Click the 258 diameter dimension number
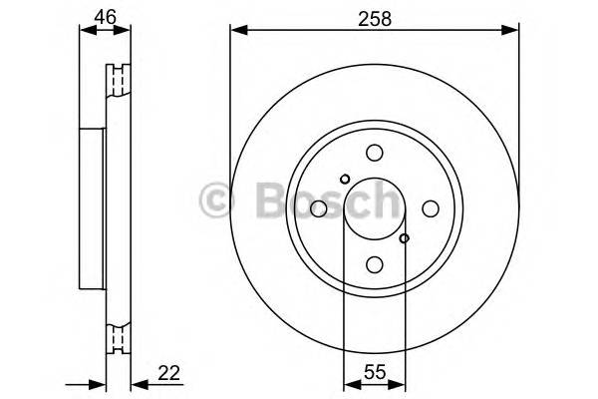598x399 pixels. (x=374, y=16)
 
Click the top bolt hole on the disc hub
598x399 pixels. (x=375, y=153)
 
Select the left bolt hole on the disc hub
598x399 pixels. (x=318, y=208)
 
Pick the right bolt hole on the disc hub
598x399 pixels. (x=431, y=208)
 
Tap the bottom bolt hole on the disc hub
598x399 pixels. (x=375, y=264)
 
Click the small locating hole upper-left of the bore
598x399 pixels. (x=345, y=180)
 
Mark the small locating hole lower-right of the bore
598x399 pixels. (x=404, y=238)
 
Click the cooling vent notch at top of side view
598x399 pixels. (x=119, y=77)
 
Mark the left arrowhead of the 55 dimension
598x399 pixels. (x=349, y=384)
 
